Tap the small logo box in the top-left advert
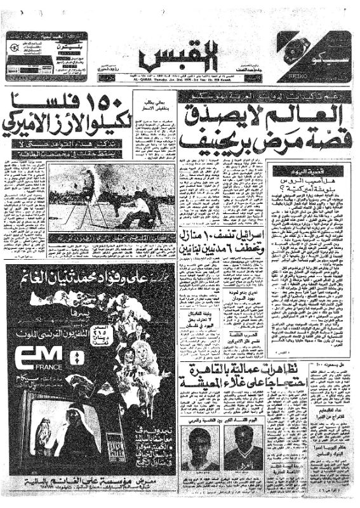coord(14,48)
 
